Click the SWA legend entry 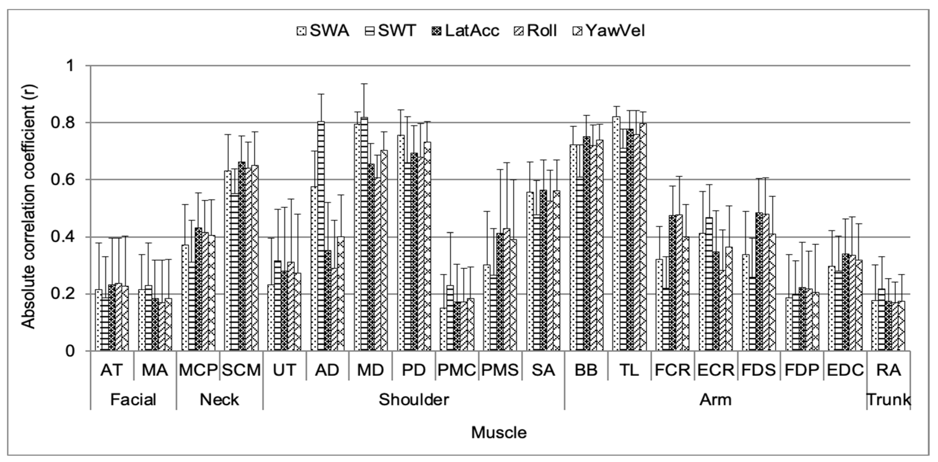[x=323, y=31]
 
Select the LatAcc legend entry [x=465, y=31]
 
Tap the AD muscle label [x=327, y=370]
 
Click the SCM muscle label [x=241, y=370]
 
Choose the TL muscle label [x=629, y=370]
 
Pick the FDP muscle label [x=802, y=370]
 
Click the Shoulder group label [x=414, y=400]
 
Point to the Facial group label [x=133, y=400]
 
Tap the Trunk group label [x=889, y=400]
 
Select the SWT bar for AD [x=321, y=237]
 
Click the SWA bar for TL [x=616, y=233]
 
